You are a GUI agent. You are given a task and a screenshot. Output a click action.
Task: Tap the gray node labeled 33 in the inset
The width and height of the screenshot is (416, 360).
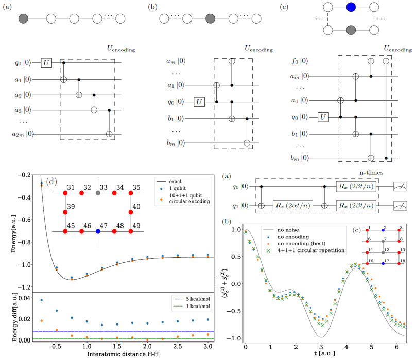(98, 193)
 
